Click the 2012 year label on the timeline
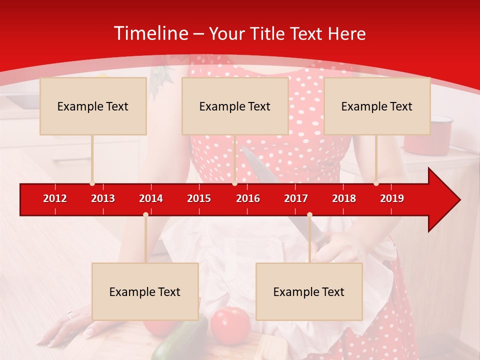(55, 198)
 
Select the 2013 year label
(103, 198)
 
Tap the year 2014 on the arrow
(151, 198)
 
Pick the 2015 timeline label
(199, 198)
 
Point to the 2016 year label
(248, 198)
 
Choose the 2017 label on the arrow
(296, 198)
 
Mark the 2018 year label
(344, 198)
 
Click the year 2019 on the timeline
(392, 198)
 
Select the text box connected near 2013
(93, 106)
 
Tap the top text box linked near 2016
(235, 106)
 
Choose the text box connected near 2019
(377, 106)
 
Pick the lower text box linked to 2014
(145, 291)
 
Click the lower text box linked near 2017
(309, 291)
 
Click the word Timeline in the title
(149, 33)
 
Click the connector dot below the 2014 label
(145, 214)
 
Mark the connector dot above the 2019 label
(376, 183)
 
